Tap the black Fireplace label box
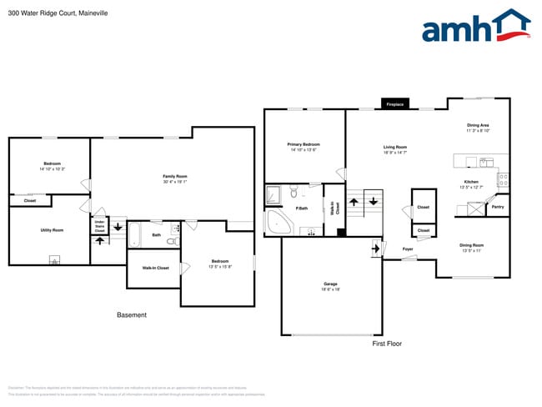[x=394, y=104]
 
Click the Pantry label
[x=498, y=206]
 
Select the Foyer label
[x=408, y=249]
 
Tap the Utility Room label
[x=52, y=229]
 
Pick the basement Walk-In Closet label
[x=155, y=268]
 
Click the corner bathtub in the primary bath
[x=279, y=222]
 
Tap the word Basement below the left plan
[x=131, y=314]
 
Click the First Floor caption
[x=387, y=343]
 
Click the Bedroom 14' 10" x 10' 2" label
[x=52, y=166]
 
